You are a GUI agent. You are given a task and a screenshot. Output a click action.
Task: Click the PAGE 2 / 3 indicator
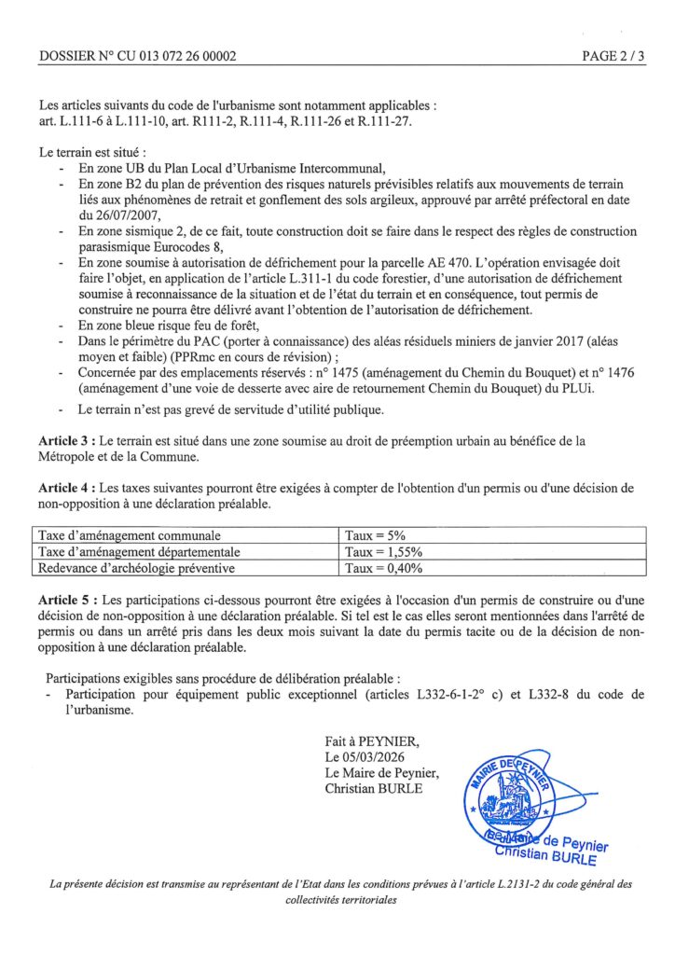[x=613, y=56]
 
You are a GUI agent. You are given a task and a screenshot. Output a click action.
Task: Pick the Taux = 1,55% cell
[x=384, y=552]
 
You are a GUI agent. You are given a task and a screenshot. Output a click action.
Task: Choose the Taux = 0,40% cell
[x=384, y=567]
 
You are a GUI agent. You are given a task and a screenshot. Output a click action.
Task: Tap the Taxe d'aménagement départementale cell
[x=139, y=552]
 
